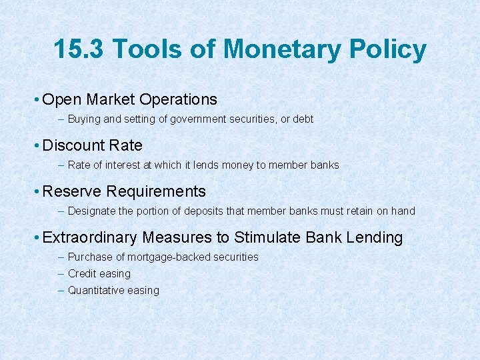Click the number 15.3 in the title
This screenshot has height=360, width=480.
coord(79,50)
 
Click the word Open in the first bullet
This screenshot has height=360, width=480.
coord(61,100)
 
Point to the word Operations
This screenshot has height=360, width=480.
coord(179,100)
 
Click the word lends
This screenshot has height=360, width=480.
coord(206,165)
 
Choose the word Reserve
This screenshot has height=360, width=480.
coord(72,191)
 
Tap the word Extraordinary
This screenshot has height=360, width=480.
coord(89,238)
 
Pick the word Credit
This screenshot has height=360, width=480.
coord(81,273)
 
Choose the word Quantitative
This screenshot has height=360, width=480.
coord(95,290)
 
